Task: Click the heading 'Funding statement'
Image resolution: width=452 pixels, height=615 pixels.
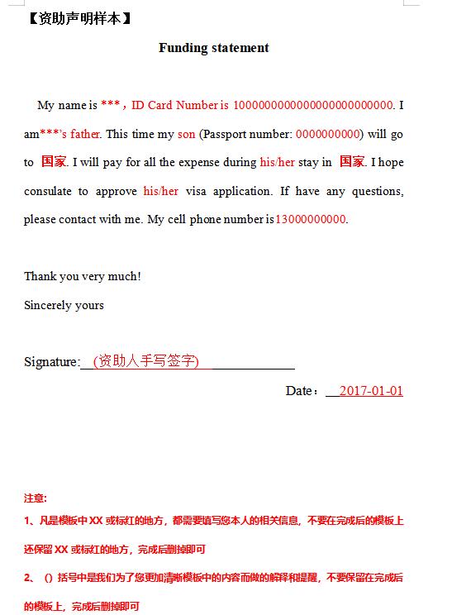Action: point(214,48)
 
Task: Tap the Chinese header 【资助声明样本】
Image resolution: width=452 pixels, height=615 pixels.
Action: point(79,17)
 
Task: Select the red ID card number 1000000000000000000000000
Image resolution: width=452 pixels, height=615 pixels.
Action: point(313,105)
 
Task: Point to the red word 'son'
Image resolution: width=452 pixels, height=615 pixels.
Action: point(186,134)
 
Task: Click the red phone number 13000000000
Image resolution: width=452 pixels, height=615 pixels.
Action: point(311,219)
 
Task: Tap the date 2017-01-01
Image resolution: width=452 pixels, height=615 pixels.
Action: point(371,391)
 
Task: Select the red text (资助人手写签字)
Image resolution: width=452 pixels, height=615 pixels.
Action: point(146,361)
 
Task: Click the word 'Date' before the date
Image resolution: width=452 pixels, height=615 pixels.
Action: point(298,391)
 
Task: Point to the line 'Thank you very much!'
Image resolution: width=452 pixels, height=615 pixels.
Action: point(83,276)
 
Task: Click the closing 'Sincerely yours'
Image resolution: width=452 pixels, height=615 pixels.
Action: point(64,305)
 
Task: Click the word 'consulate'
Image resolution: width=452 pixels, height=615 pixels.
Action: point(48,191)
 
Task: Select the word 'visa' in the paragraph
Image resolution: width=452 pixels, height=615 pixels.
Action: point(196,191)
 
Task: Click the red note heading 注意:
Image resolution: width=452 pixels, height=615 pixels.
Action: point(36,498)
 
